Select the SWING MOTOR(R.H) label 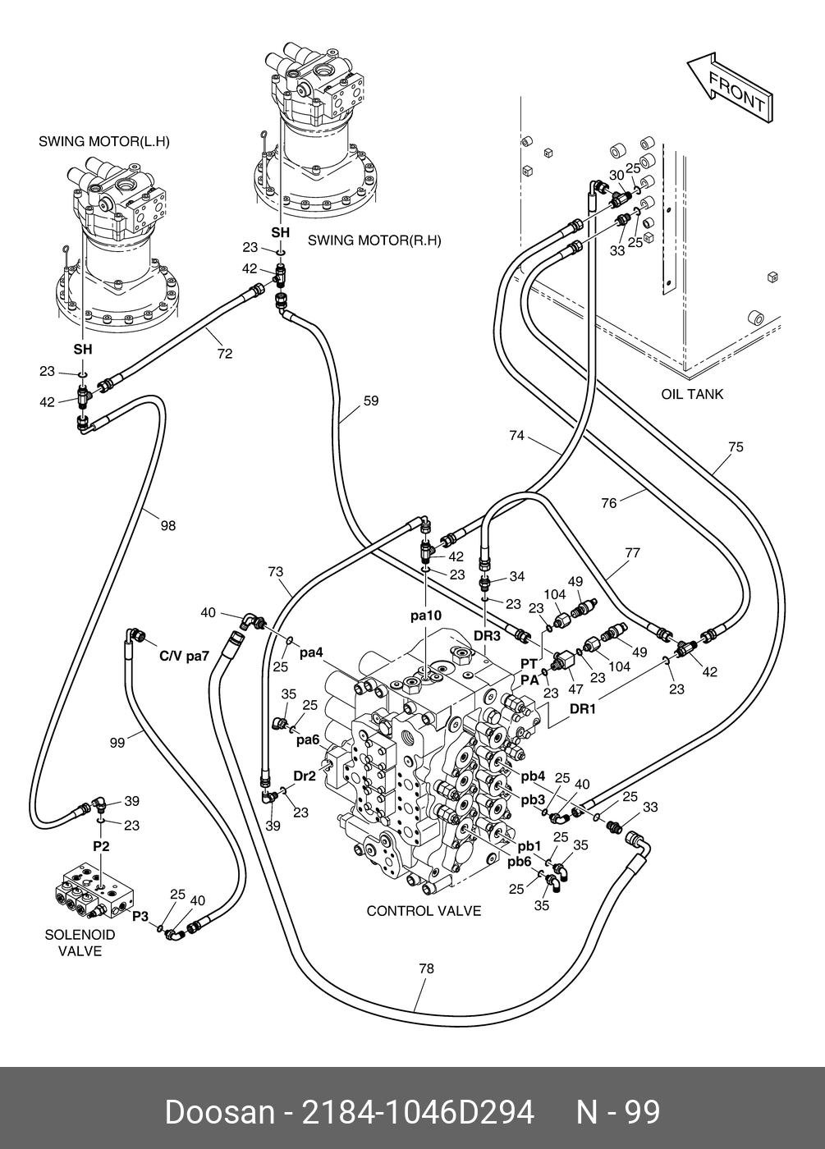coord(374,240)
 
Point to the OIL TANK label coord(692,394)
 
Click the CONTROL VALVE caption coord(424,911)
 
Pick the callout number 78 coord(426,968)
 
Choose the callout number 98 coord(167,526)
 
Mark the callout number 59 coord(371,401)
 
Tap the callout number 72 coord(225,354)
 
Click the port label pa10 coord(427,614)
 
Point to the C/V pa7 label coord(185,657)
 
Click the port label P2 coord(100,845)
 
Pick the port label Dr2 coord(305,776)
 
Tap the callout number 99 coord(117,742)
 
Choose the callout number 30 coord(616,175)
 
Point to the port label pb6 coord(520,861)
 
